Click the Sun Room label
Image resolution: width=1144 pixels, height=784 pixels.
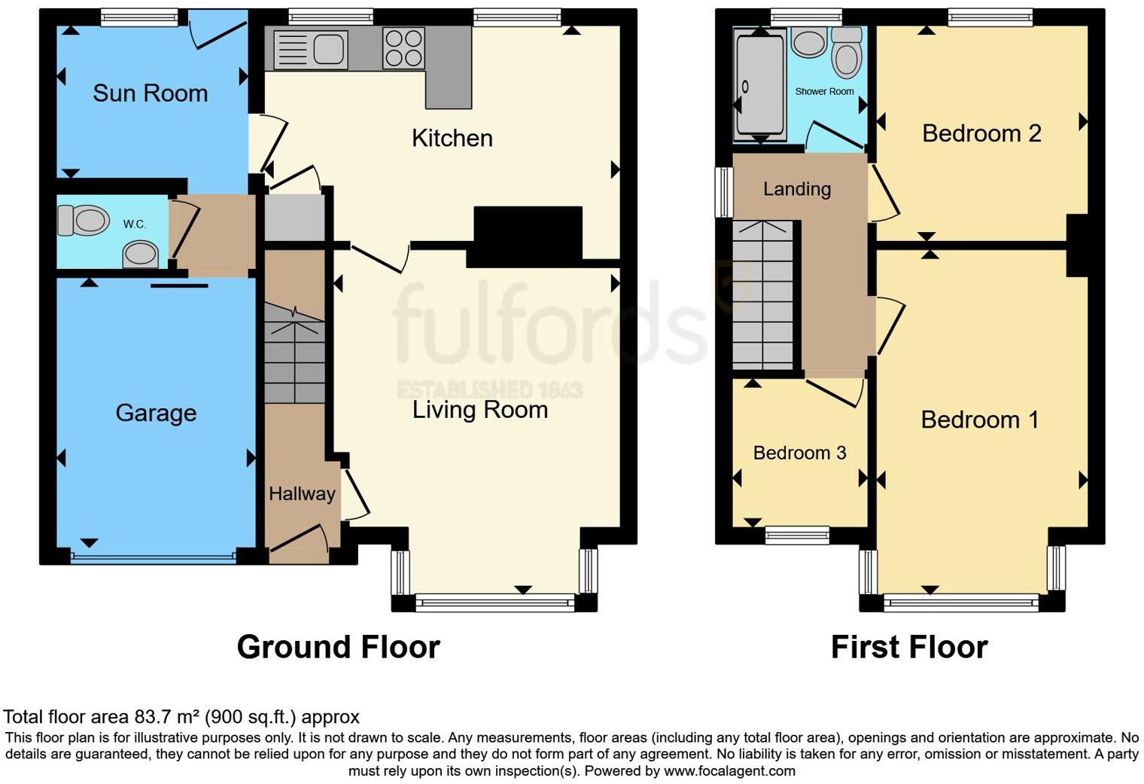point(150,93)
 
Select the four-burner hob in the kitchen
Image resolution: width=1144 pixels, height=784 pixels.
point(403,47)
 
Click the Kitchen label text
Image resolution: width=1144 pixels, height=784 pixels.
point(452,138)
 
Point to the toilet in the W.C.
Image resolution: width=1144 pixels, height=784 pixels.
point(83,221)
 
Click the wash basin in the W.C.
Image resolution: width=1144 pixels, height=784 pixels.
point(141,254)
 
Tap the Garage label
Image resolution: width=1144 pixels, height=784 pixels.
point(156,413)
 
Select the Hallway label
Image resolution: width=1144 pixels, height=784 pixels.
point(302,493)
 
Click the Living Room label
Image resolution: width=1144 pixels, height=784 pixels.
point(479,410)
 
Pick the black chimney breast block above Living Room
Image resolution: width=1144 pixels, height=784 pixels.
point(528,236)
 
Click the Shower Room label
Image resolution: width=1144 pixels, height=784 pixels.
point(824,91)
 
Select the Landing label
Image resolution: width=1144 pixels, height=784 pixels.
point(796,189)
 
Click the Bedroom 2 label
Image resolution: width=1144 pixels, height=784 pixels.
point(981,133)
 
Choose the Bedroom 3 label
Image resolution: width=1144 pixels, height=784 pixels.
point(799,453)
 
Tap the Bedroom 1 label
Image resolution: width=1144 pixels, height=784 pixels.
point(979,419)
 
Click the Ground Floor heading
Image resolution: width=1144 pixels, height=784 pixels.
point(338,647)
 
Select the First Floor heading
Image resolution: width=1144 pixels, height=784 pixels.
point(908,647)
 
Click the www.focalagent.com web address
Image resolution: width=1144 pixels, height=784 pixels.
point(729,770)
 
